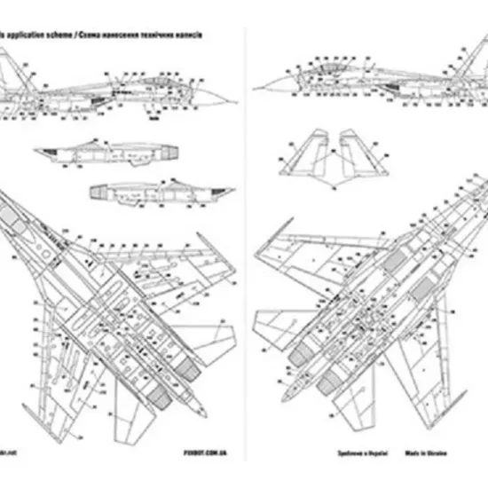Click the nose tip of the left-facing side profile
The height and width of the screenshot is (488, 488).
tap(254, 88)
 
